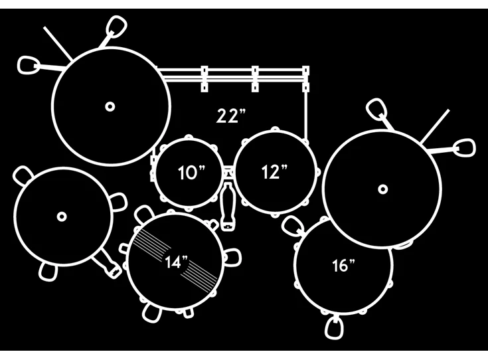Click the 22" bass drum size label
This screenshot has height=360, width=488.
[230, 116]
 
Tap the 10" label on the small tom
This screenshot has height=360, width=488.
[191, 173]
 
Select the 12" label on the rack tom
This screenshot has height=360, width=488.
[274, 171]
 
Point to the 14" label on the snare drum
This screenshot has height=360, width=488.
[177, 262]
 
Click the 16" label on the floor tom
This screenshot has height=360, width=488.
[343, 265]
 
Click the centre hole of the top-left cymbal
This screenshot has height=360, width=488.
[110, 106]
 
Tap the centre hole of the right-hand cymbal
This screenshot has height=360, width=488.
[383, 189]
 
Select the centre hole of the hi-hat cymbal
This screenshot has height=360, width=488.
[62, 217]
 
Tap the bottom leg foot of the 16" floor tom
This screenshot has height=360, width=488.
[334, 327]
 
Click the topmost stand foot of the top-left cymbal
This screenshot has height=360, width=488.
[116, 27]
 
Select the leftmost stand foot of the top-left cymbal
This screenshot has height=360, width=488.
[29, 65]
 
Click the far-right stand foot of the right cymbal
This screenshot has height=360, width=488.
[465, 147]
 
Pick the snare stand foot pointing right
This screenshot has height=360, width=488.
[232, 258]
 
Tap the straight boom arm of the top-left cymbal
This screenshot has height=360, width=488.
[58, 43]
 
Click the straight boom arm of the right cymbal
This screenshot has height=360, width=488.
[435, 126]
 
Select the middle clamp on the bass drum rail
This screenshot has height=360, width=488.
[255, 79]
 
